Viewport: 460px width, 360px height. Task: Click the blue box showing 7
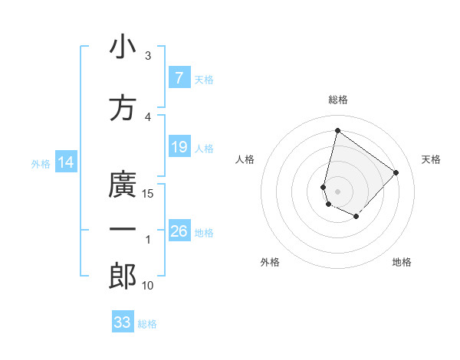click(x=179, y=77)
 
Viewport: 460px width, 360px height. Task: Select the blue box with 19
click(x=179, y=147)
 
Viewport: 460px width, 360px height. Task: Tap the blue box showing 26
click(x=179, y=231)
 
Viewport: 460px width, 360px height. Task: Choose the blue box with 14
click(x=65, y=162)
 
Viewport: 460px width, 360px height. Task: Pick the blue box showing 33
click(x=123, y=322)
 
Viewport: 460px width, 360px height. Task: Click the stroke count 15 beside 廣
click(x=149, y=193)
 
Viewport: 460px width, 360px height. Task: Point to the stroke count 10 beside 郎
click(x=149, y=286)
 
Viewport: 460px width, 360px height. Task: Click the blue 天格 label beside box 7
click(x=204, y=79)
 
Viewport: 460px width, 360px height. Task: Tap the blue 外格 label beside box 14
click(x=40, y=163)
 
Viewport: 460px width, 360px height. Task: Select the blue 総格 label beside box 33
click(x=147, y=324)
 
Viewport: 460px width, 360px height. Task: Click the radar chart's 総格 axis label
click(x=337, y=100)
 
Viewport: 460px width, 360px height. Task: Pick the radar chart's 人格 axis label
click(x=245, y=159)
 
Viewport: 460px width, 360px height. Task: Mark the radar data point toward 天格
click(x=396, y=172)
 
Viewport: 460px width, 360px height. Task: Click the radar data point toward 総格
click(x=337, y=131)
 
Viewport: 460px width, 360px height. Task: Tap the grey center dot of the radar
click(x=337, y=191)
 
